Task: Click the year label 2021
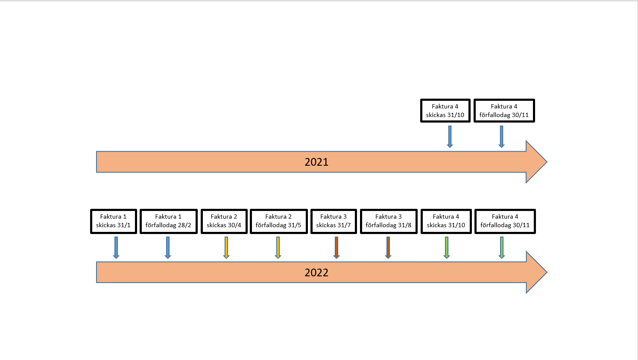[x=316, y=162]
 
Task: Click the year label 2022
[x=316, y=272]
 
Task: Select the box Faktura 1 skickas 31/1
[x=113, y=221]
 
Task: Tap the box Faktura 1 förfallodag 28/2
[x=168, y=221]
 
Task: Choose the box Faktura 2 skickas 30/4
[x=224, y=221]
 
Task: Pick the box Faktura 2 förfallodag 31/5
[x=278, y=221]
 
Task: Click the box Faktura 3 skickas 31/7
[x=334, y=221]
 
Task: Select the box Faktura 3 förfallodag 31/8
[x=389, y=221]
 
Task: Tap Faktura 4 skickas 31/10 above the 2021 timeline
[x=445, y=111]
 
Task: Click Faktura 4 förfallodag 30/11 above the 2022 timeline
[x=505, y=221]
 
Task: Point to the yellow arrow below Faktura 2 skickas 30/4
[x=226, y=248]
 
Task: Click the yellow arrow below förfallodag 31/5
[x=278, y=248]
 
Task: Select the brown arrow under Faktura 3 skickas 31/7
[x=337, y=248]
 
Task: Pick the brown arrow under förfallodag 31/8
[x=388, y=248]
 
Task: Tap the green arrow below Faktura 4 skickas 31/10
[x=447, y=248]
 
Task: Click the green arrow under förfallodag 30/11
[x=502, y=248]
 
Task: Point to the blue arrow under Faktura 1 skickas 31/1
[x=116, y=248]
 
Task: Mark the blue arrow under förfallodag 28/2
[x=168, y=248]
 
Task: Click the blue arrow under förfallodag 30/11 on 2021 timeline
[x=502, y=137]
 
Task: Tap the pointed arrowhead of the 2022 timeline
[x=547, y=272]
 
